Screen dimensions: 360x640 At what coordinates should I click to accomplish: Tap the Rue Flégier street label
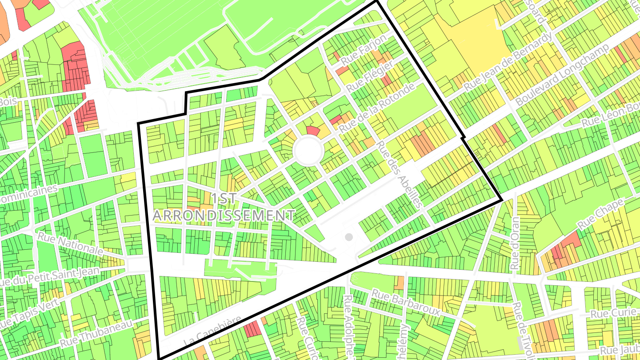click(370, 77)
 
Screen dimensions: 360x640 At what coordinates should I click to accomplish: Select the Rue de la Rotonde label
click(378, 107)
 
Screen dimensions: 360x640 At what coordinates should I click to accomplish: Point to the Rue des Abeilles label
click(399, 175)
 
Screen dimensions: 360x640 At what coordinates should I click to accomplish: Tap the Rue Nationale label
click(70, 244)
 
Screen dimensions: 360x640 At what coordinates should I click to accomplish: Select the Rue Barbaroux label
click(406, 302)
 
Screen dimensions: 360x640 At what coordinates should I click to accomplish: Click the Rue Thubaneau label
click(96, 334)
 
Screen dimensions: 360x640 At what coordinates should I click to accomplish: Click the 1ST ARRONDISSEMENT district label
click(224, 207)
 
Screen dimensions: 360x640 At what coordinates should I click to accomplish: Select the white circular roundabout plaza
click(308, 151)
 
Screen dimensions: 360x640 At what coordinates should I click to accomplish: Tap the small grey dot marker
click(349, 237)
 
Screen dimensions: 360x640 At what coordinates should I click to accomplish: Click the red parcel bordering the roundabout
click(313, 130)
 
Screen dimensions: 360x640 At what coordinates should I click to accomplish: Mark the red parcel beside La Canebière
click(252, 329)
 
